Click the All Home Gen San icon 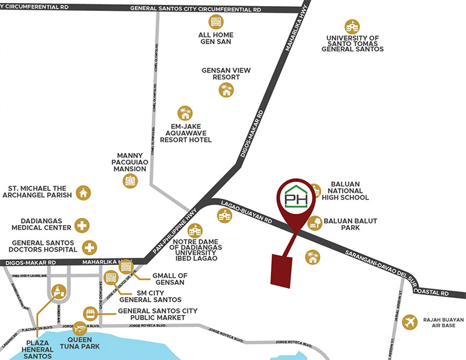[x=216, y=22]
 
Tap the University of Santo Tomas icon [x=352, y=26]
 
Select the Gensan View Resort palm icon [x=226, y=90]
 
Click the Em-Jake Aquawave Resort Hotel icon [x=185, y=113]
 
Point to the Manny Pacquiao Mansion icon [x=130, y=180]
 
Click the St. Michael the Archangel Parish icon [x=83, y=193]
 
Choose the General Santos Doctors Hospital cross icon [x=90, y=247]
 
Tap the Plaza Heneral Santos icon [x=59, y=292]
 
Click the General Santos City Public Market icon [x=90, y=314]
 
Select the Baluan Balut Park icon [x=315, y=223]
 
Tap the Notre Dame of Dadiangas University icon [x=195, y=231]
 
